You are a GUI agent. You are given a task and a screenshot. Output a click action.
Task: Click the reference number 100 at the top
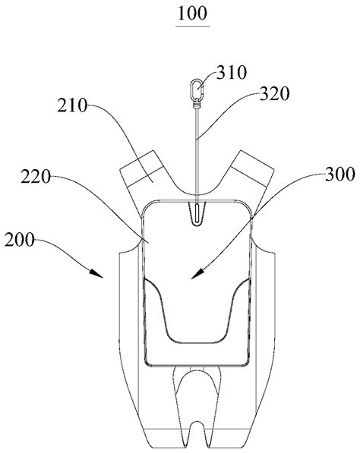tap(193, 14)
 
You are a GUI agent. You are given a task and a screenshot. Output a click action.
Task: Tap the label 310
tap(232, 72)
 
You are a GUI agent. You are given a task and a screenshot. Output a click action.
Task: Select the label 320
tap(274, 94)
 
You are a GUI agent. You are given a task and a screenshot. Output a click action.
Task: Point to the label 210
tap(72, 105)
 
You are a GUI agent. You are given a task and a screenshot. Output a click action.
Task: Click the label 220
tap(36, 177)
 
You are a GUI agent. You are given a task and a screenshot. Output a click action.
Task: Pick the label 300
tap(340, 175)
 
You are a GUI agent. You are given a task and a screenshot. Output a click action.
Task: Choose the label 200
tap(20, 240)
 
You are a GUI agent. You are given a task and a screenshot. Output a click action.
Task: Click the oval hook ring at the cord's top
tap(197, 89)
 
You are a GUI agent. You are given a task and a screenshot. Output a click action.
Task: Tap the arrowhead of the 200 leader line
tap(97, 274)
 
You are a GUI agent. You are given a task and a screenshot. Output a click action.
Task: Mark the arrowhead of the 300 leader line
tap(197, 274)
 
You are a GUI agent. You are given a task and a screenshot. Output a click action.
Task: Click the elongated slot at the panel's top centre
tap(197, 213)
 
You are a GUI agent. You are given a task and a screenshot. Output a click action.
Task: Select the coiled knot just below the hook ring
tap(197, 103)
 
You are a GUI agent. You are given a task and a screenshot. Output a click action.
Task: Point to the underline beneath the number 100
tap(193, 27)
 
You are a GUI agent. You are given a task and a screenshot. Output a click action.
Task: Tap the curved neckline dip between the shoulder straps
tap(197, 193)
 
